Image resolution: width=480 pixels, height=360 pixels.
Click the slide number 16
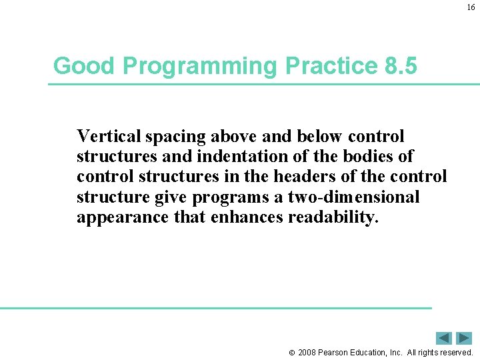tap(471, 8)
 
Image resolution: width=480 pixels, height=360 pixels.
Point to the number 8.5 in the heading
tap(401, 66)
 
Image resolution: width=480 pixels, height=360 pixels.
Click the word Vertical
tap(109, 137)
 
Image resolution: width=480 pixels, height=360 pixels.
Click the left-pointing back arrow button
tap(444, 338)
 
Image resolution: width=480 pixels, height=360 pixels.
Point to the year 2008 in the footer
tap(308, 352)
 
